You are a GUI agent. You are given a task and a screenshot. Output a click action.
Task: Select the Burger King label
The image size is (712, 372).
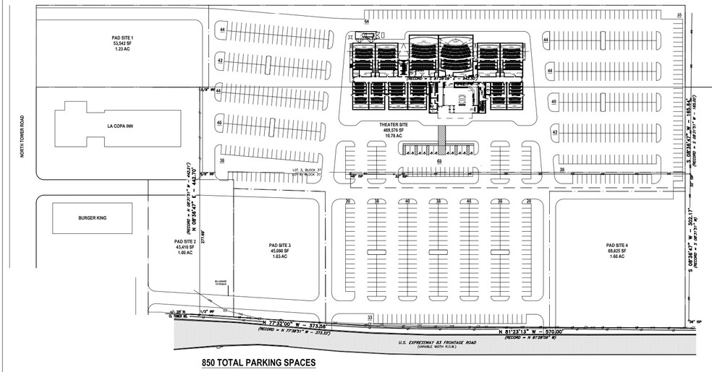point(93,217)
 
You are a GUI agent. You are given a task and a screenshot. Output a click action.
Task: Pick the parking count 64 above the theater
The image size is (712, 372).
point(367,22)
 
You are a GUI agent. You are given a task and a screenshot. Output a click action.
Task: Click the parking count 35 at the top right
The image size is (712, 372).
point(679,15)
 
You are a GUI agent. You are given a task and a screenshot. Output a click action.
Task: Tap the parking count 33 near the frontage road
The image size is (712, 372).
point(369,317)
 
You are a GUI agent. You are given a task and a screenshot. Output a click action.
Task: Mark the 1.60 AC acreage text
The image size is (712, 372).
point(616,258)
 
